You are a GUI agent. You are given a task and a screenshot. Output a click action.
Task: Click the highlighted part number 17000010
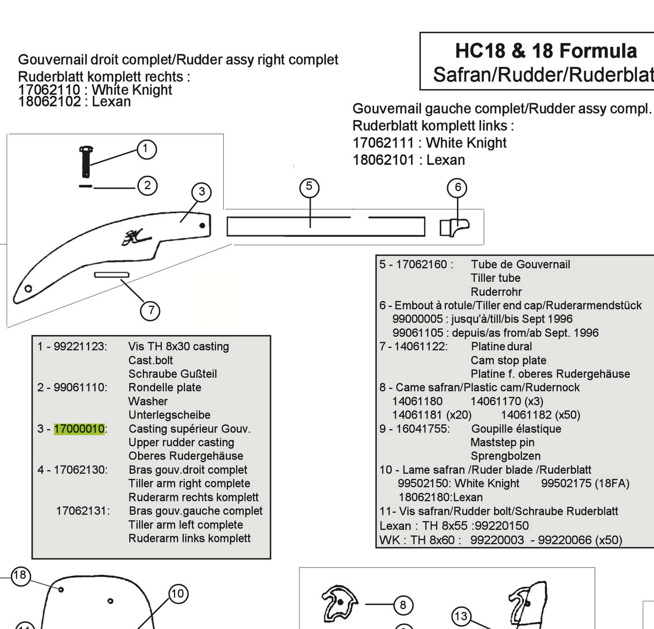tap(79, 429)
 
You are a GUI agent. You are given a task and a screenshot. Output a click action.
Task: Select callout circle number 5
tap(309, 187)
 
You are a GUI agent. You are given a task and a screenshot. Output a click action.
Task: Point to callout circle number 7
tap(150, 311)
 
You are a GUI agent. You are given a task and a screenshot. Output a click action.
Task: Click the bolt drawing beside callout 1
tap(86, 161)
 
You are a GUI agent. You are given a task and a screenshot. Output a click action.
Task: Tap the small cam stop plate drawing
tap(112, 275)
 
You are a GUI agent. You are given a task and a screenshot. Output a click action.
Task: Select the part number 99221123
tap(80, 346)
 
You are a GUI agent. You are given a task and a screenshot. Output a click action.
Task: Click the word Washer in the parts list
tap(148, 401)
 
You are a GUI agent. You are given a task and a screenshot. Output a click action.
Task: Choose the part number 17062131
tap(82, 511)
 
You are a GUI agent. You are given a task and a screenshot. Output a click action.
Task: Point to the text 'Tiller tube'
tap(495, 278)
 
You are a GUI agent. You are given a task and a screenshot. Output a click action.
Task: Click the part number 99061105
tap(418, 333)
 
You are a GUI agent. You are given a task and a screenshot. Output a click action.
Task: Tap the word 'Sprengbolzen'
tap(505, 456)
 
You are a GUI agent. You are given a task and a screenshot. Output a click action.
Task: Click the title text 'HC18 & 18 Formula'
tap(545, 51)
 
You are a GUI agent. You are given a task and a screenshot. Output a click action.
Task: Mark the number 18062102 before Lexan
tap(49, 101)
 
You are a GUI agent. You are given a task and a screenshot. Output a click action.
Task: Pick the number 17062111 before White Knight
tap(383, 143)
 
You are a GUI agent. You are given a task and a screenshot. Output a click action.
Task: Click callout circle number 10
tap(178, 594)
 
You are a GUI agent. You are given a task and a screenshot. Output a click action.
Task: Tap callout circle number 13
tap(461, 616)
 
